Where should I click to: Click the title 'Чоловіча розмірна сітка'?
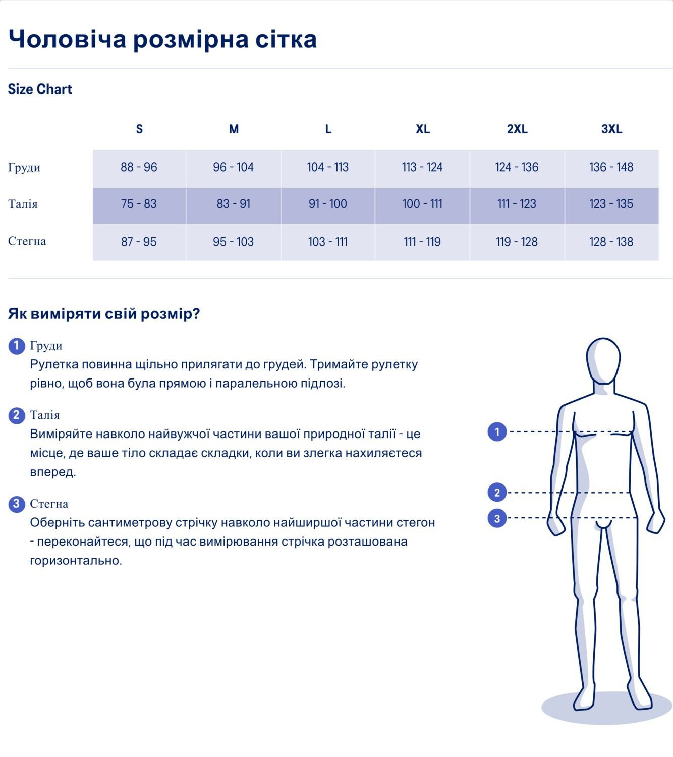point(162,39)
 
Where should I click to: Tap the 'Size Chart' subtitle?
point(40,89)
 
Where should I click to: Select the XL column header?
point(423,129)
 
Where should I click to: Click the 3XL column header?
point(611,129)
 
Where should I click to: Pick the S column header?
point(139,129)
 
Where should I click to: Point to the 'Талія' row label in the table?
point(23,204)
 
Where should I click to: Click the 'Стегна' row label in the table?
point(27,241)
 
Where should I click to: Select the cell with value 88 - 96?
point(139,167)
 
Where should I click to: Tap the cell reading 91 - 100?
point(328,204)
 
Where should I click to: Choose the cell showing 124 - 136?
point(517,167)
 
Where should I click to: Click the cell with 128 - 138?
point(611,242)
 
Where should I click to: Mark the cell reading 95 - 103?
point(233,242)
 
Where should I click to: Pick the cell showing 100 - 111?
point(422,204)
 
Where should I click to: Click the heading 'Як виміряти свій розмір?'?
point(104,314)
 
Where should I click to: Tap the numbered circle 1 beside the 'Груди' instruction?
point(17,346)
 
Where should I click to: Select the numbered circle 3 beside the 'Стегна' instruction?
point(17,504)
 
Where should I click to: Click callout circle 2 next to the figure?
point(497,493)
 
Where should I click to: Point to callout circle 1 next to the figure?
point(497,431)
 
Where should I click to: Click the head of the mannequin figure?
point(603,361)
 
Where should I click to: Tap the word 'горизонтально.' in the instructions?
point(76,560)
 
